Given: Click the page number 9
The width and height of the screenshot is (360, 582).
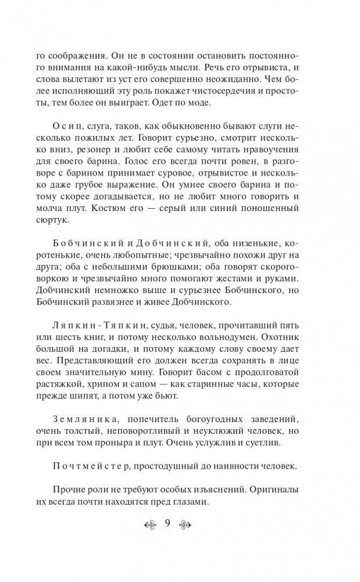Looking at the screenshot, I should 167,523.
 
